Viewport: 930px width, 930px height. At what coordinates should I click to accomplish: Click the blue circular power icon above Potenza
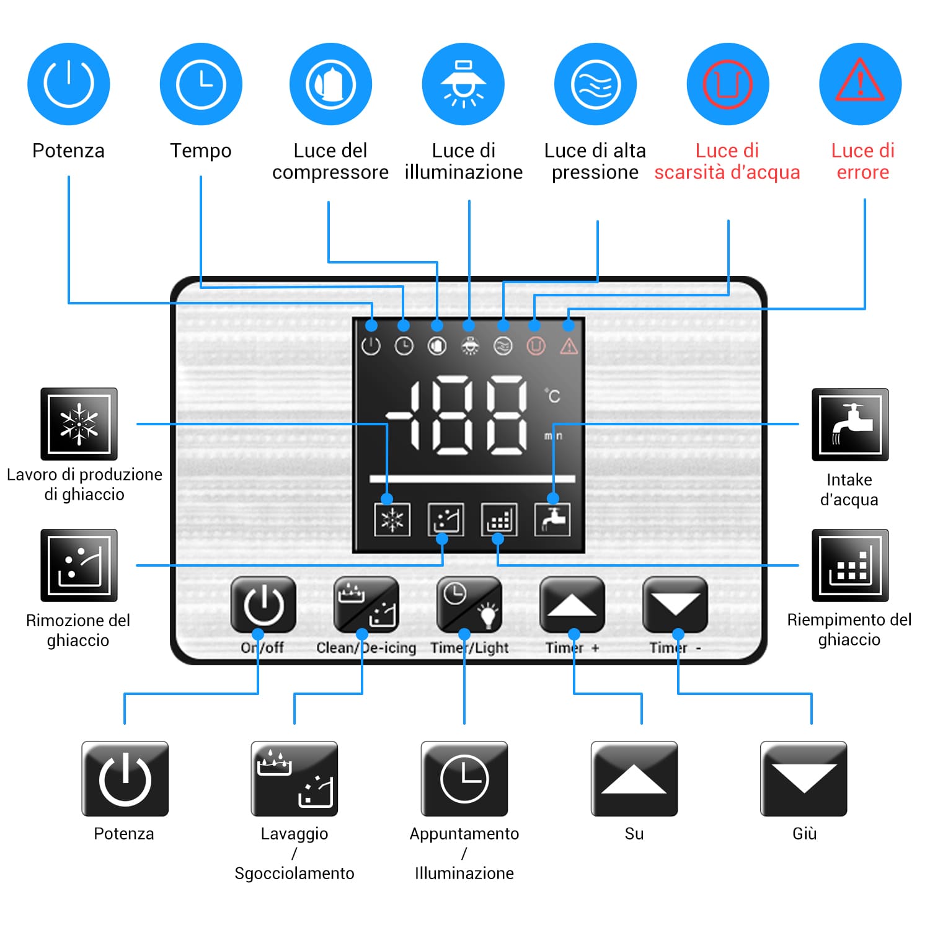tap(69, 84)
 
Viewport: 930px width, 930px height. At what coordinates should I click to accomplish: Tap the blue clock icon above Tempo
tap(201, 84)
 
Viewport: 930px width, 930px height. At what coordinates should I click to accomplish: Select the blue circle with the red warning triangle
tap(860, 84)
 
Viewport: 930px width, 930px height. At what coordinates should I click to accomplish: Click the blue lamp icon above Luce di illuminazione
tap(463, 84)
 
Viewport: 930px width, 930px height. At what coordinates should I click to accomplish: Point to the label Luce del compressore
tap(330, 161)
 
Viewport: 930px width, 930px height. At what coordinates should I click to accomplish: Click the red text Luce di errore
tap(862, 161)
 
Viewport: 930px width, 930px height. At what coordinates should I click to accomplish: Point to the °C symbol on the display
tap(553, 396)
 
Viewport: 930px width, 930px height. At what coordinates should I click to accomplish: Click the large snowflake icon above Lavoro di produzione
tap(79, 424)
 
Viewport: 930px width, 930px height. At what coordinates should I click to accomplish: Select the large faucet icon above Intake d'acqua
tap(850, 425)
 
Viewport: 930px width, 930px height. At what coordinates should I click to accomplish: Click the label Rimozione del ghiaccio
tap(78, 630)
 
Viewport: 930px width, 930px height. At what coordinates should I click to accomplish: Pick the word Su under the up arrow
tap(634, 834)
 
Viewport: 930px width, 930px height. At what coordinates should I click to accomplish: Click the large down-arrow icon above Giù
tap(804, 779)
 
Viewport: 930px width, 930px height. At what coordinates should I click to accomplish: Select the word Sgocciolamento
tap(294, 874)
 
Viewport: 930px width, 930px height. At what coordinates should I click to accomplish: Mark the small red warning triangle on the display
tap(569, 347)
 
